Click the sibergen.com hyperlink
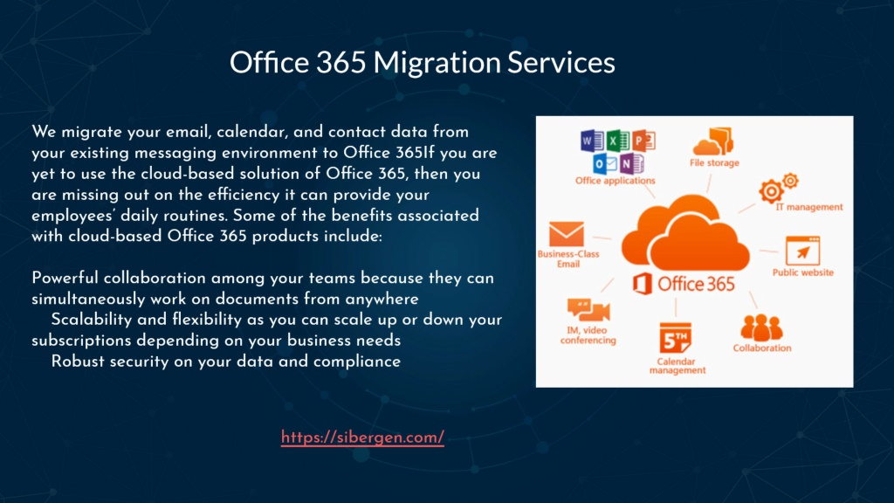(362, 438)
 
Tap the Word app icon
(592, 141)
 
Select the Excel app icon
(617, 141)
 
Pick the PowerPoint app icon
(643, 141)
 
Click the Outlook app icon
(604, 163)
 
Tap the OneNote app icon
(631, 163)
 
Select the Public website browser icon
(803, 251)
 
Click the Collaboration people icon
(761, 327)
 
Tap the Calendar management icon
(676, 338)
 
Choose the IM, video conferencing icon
(588, 311)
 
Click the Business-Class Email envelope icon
(566, 234)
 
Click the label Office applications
(615, 181)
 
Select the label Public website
(803, 272)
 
